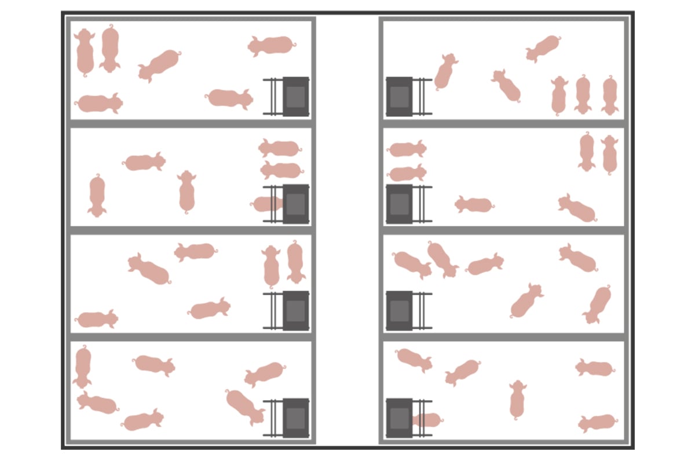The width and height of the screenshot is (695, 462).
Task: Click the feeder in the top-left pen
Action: pos(295,96)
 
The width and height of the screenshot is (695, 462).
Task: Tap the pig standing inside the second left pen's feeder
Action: pos(267,204)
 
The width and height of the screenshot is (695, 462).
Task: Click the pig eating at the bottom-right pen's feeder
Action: pos(427,420)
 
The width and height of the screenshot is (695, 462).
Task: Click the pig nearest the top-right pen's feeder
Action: pos(445,72)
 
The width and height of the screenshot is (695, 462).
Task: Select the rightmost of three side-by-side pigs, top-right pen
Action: pos(609,95)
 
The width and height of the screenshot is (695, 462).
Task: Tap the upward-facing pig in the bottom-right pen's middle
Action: pos(517,399)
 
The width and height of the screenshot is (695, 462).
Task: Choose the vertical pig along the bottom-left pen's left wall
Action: pos(83,366)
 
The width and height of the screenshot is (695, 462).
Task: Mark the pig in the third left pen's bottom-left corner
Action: pos(97,319)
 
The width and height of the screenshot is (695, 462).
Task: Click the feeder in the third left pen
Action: pos(295,310)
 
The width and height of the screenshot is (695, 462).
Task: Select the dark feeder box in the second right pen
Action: pos(399,204)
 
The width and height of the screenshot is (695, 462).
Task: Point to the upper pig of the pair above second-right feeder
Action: pos(407,149)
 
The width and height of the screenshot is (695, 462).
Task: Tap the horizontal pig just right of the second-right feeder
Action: pos(474,204)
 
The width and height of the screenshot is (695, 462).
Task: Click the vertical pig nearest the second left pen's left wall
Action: pos(97,196)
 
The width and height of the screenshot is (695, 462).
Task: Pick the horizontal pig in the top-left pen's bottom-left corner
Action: pos(99,104)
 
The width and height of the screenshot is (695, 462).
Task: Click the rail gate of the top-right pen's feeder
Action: pos(422,96)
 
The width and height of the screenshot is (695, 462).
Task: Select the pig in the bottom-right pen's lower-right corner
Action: pos(597,423)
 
